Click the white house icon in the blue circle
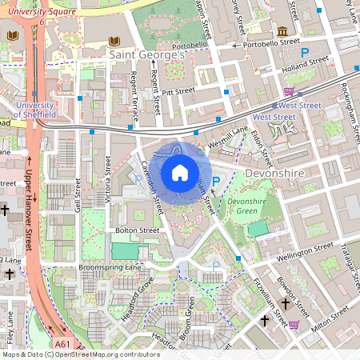coord(180,172)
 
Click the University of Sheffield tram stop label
coord(34,110)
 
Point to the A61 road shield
coord(63,344)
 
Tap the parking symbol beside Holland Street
coord(282,51)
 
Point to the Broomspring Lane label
coord(110,266)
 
